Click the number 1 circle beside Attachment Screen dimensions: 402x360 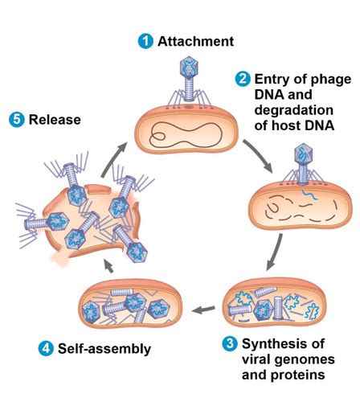145,41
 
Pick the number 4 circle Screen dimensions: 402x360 46,348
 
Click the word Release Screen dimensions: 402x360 55,120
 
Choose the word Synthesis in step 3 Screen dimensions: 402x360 279,343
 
